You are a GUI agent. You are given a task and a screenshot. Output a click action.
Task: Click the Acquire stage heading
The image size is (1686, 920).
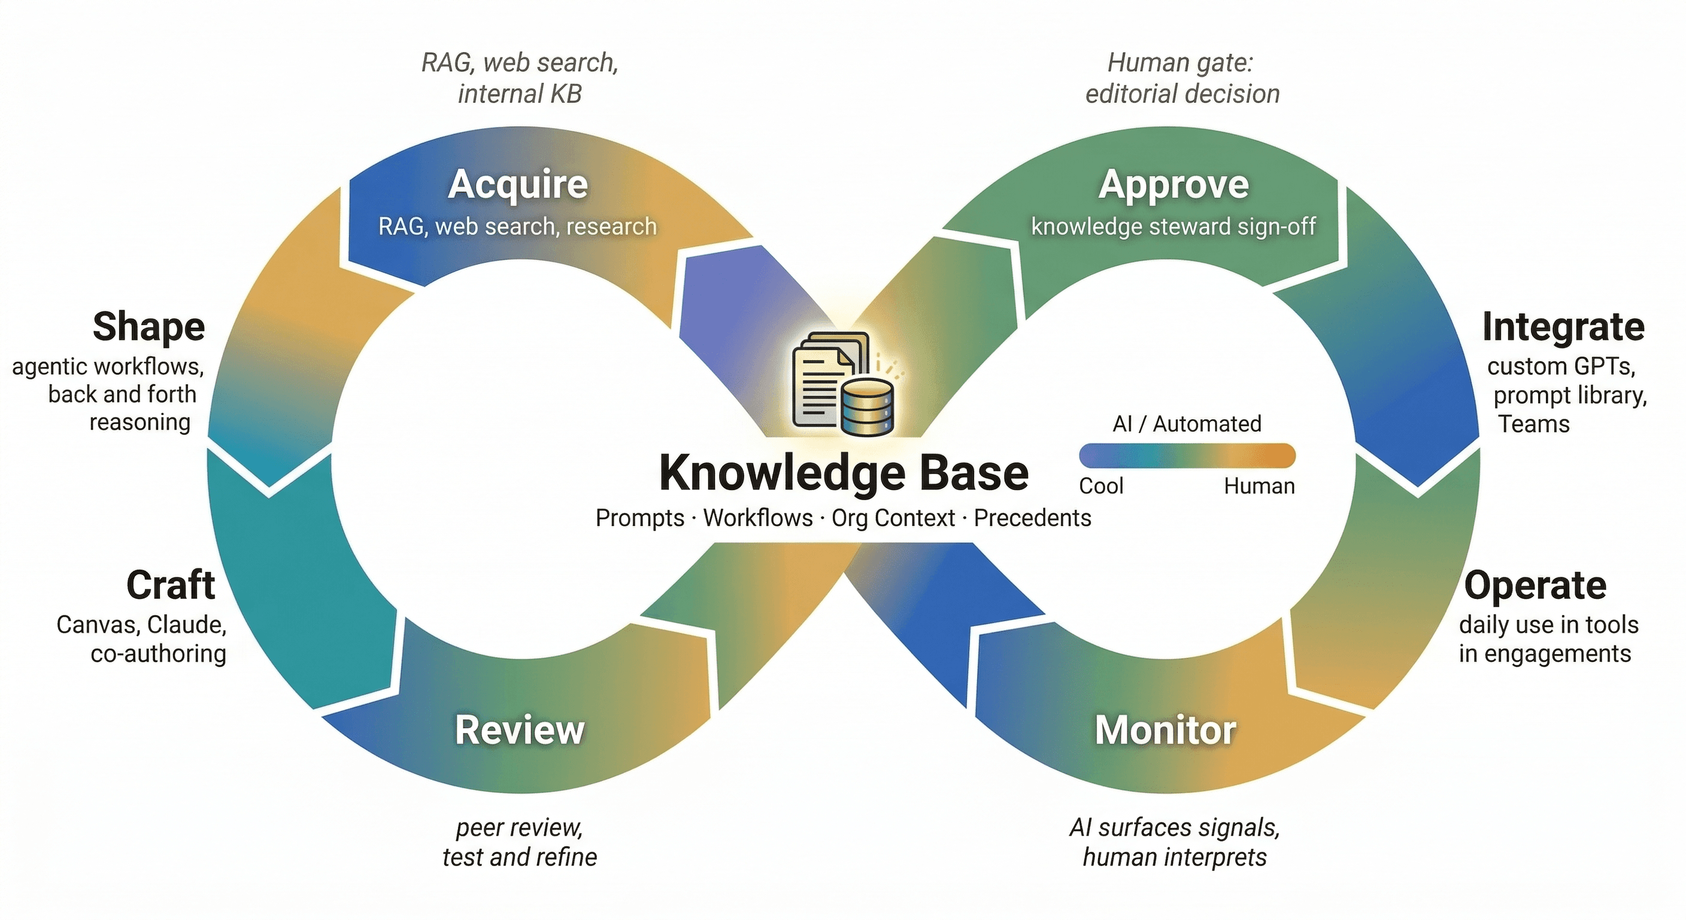click(518, 184)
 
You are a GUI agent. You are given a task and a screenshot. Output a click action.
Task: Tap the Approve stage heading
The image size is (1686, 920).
click(1173, 184)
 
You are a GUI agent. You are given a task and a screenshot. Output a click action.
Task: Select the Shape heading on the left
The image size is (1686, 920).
click(148, 327)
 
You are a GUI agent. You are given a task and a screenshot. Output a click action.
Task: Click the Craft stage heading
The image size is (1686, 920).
click(170, 585)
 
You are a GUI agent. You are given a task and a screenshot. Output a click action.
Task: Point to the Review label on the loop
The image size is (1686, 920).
click(520, 730)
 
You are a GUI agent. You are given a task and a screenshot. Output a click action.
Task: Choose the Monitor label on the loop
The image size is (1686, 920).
click(1166, 730)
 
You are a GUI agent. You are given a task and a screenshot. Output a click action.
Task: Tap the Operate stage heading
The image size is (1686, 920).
click(1535, 585)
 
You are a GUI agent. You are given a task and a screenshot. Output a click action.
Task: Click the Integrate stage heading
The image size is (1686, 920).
click(1563, 327)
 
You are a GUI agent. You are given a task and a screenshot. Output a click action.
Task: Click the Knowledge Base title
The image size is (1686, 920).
click(844, 473)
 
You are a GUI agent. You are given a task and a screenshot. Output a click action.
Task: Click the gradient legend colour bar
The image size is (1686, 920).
click(1187, 456)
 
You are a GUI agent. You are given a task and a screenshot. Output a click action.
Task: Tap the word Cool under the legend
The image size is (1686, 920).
click(1101, 486)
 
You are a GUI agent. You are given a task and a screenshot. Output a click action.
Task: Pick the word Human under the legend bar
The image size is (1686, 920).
click(1259, 486)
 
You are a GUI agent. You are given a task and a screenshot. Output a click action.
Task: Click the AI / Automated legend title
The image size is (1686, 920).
click(1187, 423)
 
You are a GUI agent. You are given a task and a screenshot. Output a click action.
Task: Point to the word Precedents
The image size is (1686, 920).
click(1032, 518)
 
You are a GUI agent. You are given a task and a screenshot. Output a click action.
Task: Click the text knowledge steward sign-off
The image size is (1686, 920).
click(1173, 226)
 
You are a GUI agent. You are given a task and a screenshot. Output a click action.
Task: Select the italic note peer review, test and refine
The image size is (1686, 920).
click(520, 842)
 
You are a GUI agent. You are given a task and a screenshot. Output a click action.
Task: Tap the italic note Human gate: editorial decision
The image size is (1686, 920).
click(1181, 78)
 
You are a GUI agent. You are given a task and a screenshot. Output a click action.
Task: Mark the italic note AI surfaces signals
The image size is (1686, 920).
click(1175, 828)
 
